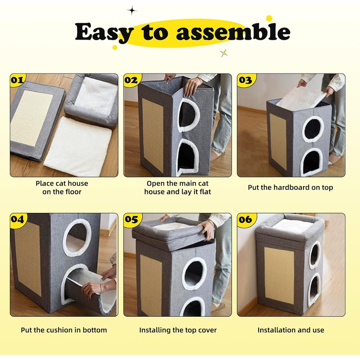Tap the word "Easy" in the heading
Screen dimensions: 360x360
click(x=103, y=32)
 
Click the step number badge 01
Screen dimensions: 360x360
click(x=17, y=80)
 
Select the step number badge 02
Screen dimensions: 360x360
click(x=131, y=80)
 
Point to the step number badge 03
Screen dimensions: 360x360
click(x=245, y=80)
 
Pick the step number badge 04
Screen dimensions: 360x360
click(x=17, y=219)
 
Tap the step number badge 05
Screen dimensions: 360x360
click(x=131, y=219)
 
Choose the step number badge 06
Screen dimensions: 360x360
click(x=245, y=219)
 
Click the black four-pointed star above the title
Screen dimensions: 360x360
click(x=132, y=11)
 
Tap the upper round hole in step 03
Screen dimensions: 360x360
click(x=313, y=129)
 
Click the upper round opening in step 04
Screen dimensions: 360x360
click(x=77, y=238)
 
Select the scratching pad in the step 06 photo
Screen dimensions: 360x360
click(x=279, y=276)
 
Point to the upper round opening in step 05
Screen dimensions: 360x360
click(x=194, y=273)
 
